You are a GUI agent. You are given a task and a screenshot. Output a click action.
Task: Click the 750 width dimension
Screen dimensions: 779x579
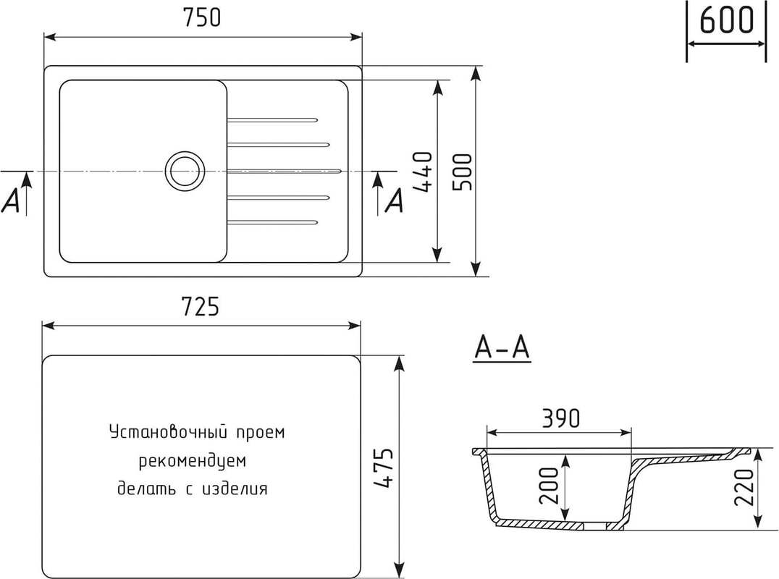coord(202,18)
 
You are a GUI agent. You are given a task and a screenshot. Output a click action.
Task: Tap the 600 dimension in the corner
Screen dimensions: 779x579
coord(726,20)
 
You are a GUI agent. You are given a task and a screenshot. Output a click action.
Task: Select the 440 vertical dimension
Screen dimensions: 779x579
coord(423,172)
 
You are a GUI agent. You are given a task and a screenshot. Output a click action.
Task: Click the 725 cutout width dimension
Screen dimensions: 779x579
coord(201,307)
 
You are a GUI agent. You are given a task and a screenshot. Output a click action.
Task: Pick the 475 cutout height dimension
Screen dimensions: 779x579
coord(384,468)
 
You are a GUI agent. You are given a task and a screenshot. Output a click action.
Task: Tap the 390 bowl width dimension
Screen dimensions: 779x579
coord(560,418)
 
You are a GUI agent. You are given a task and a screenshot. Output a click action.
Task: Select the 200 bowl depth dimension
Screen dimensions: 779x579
coord(549,486)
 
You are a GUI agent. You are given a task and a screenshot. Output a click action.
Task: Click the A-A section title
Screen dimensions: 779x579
coord(502,347)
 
